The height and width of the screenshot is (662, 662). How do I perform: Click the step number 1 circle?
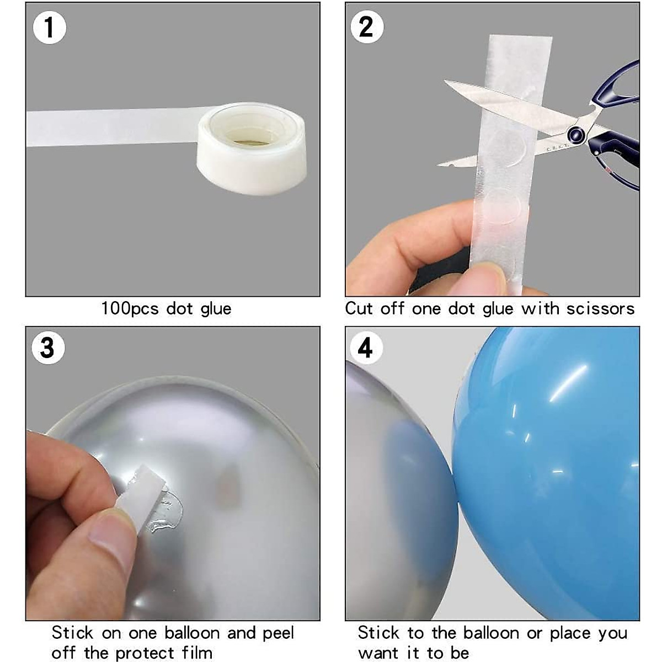click(x=50, y=27)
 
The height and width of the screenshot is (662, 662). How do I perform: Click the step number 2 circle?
click(x=366, y=26)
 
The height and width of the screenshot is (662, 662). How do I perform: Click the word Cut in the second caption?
click(x=359, y=308)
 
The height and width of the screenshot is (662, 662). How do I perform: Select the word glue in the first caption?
click(x=216, y=308)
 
